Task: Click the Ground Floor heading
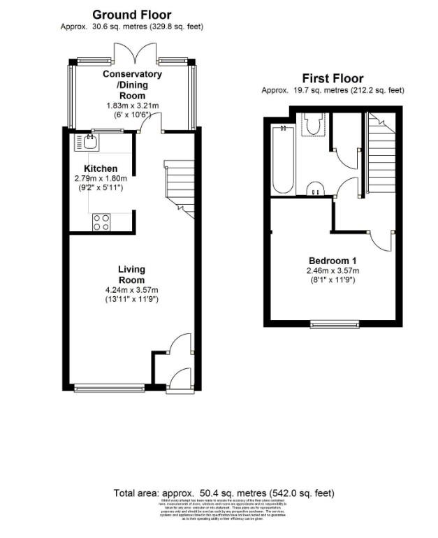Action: [x=131, y=15]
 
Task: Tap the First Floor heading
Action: [x=333, y=78]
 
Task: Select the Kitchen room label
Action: [x=101, y=169]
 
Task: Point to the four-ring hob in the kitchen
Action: [x=101, y=221]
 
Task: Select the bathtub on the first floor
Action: [x=283, y=158]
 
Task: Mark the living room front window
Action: [x=109, y=386]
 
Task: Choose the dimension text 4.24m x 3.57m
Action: [x=131, y=291]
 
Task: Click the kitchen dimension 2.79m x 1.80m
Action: [x=101, y=179]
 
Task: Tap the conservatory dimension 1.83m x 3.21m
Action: [x=133, y=106]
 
